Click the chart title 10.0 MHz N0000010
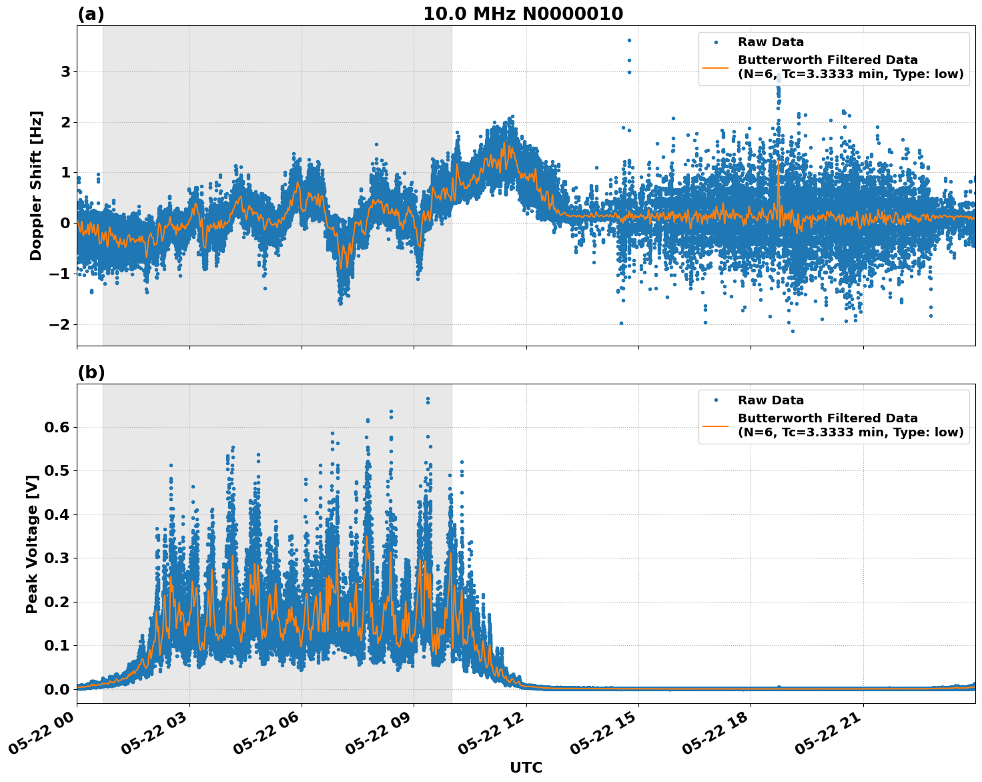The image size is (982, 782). click(523, 14)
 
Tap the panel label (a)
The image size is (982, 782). click(91, 14)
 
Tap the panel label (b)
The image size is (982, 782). click(91, 372)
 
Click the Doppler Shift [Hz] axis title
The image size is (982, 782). click(36, 185)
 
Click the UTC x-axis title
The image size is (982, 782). click(526, 767)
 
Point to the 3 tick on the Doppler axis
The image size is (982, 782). click(66, 71)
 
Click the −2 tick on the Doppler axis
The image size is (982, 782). click(61, 324)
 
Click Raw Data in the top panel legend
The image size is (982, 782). click(771, 43)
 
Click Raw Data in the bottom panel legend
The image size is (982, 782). click(771, 400)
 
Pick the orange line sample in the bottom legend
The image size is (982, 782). click(715, 425)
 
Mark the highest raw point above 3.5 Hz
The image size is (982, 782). click(628, 40)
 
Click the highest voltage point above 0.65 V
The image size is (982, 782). click(428, 398)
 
